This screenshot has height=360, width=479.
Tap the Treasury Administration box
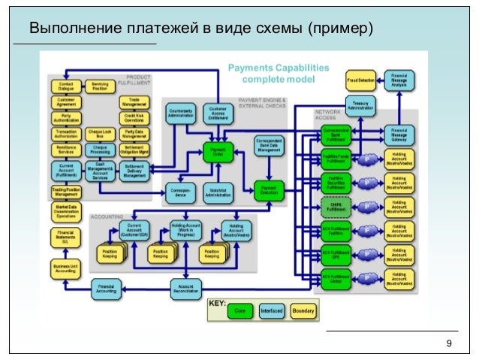tap(360, 104)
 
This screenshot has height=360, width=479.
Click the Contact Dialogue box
tap(65, 87)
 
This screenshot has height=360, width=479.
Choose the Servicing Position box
tap(100, 87)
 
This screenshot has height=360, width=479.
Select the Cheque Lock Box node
tap(100, 133)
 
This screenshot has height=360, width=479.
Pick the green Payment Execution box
tap(269, 190)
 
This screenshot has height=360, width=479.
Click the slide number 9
tap(448, 343)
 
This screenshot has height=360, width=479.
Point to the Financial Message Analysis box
tap(399, 80)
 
